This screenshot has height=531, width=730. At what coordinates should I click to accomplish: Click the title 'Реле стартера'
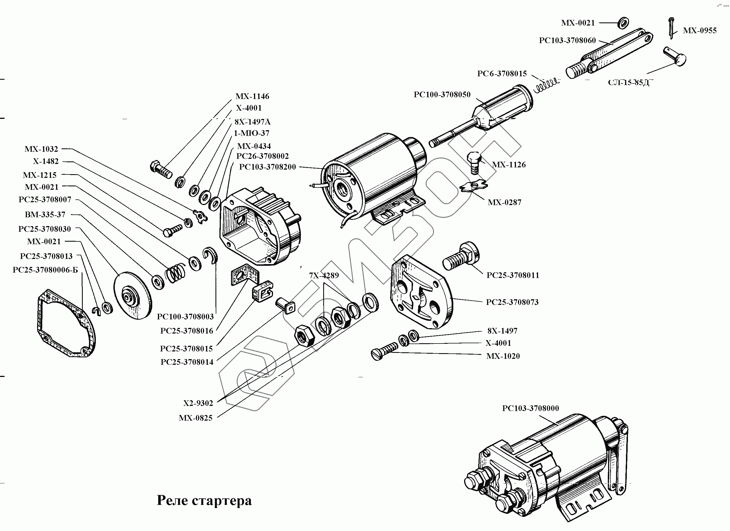(204, 500)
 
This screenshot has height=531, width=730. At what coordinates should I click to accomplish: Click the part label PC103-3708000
(530, 408)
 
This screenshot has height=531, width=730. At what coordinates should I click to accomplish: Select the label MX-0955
(700, 31)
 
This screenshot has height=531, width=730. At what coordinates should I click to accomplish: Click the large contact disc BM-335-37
(133, 295)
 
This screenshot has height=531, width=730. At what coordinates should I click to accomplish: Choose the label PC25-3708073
(512, 302)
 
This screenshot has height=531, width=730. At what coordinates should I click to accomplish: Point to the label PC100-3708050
(442, 95)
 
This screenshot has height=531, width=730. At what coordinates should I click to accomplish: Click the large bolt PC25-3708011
(460, 257)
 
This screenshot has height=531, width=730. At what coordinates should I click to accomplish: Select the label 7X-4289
(324, 275)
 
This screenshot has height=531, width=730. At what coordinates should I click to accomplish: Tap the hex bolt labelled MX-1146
(161, 169)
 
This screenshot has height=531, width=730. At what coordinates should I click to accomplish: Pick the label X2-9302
(198, 403)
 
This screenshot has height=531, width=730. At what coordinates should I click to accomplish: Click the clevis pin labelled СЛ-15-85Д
(675, 56)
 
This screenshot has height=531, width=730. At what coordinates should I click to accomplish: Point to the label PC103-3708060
(567, 41)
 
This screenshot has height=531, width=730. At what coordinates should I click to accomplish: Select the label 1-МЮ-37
(251, 133)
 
